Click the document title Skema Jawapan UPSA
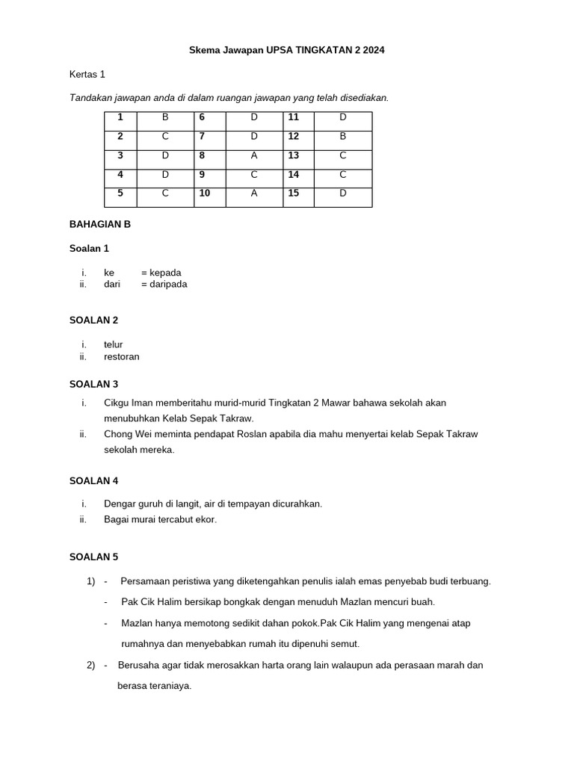286,50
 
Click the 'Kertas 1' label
87,74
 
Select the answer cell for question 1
165,117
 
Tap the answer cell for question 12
342,136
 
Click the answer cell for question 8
254,155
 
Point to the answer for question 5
165,193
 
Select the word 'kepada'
165,273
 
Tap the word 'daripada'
168,284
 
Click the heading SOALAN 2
93,320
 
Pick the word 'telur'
114,344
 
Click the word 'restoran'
122,356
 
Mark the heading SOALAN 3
93,384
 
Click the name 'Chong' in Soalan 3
118,433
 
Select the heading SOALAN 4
93,480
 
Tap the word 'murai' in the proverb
146,519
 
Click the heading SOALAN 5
93,557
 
